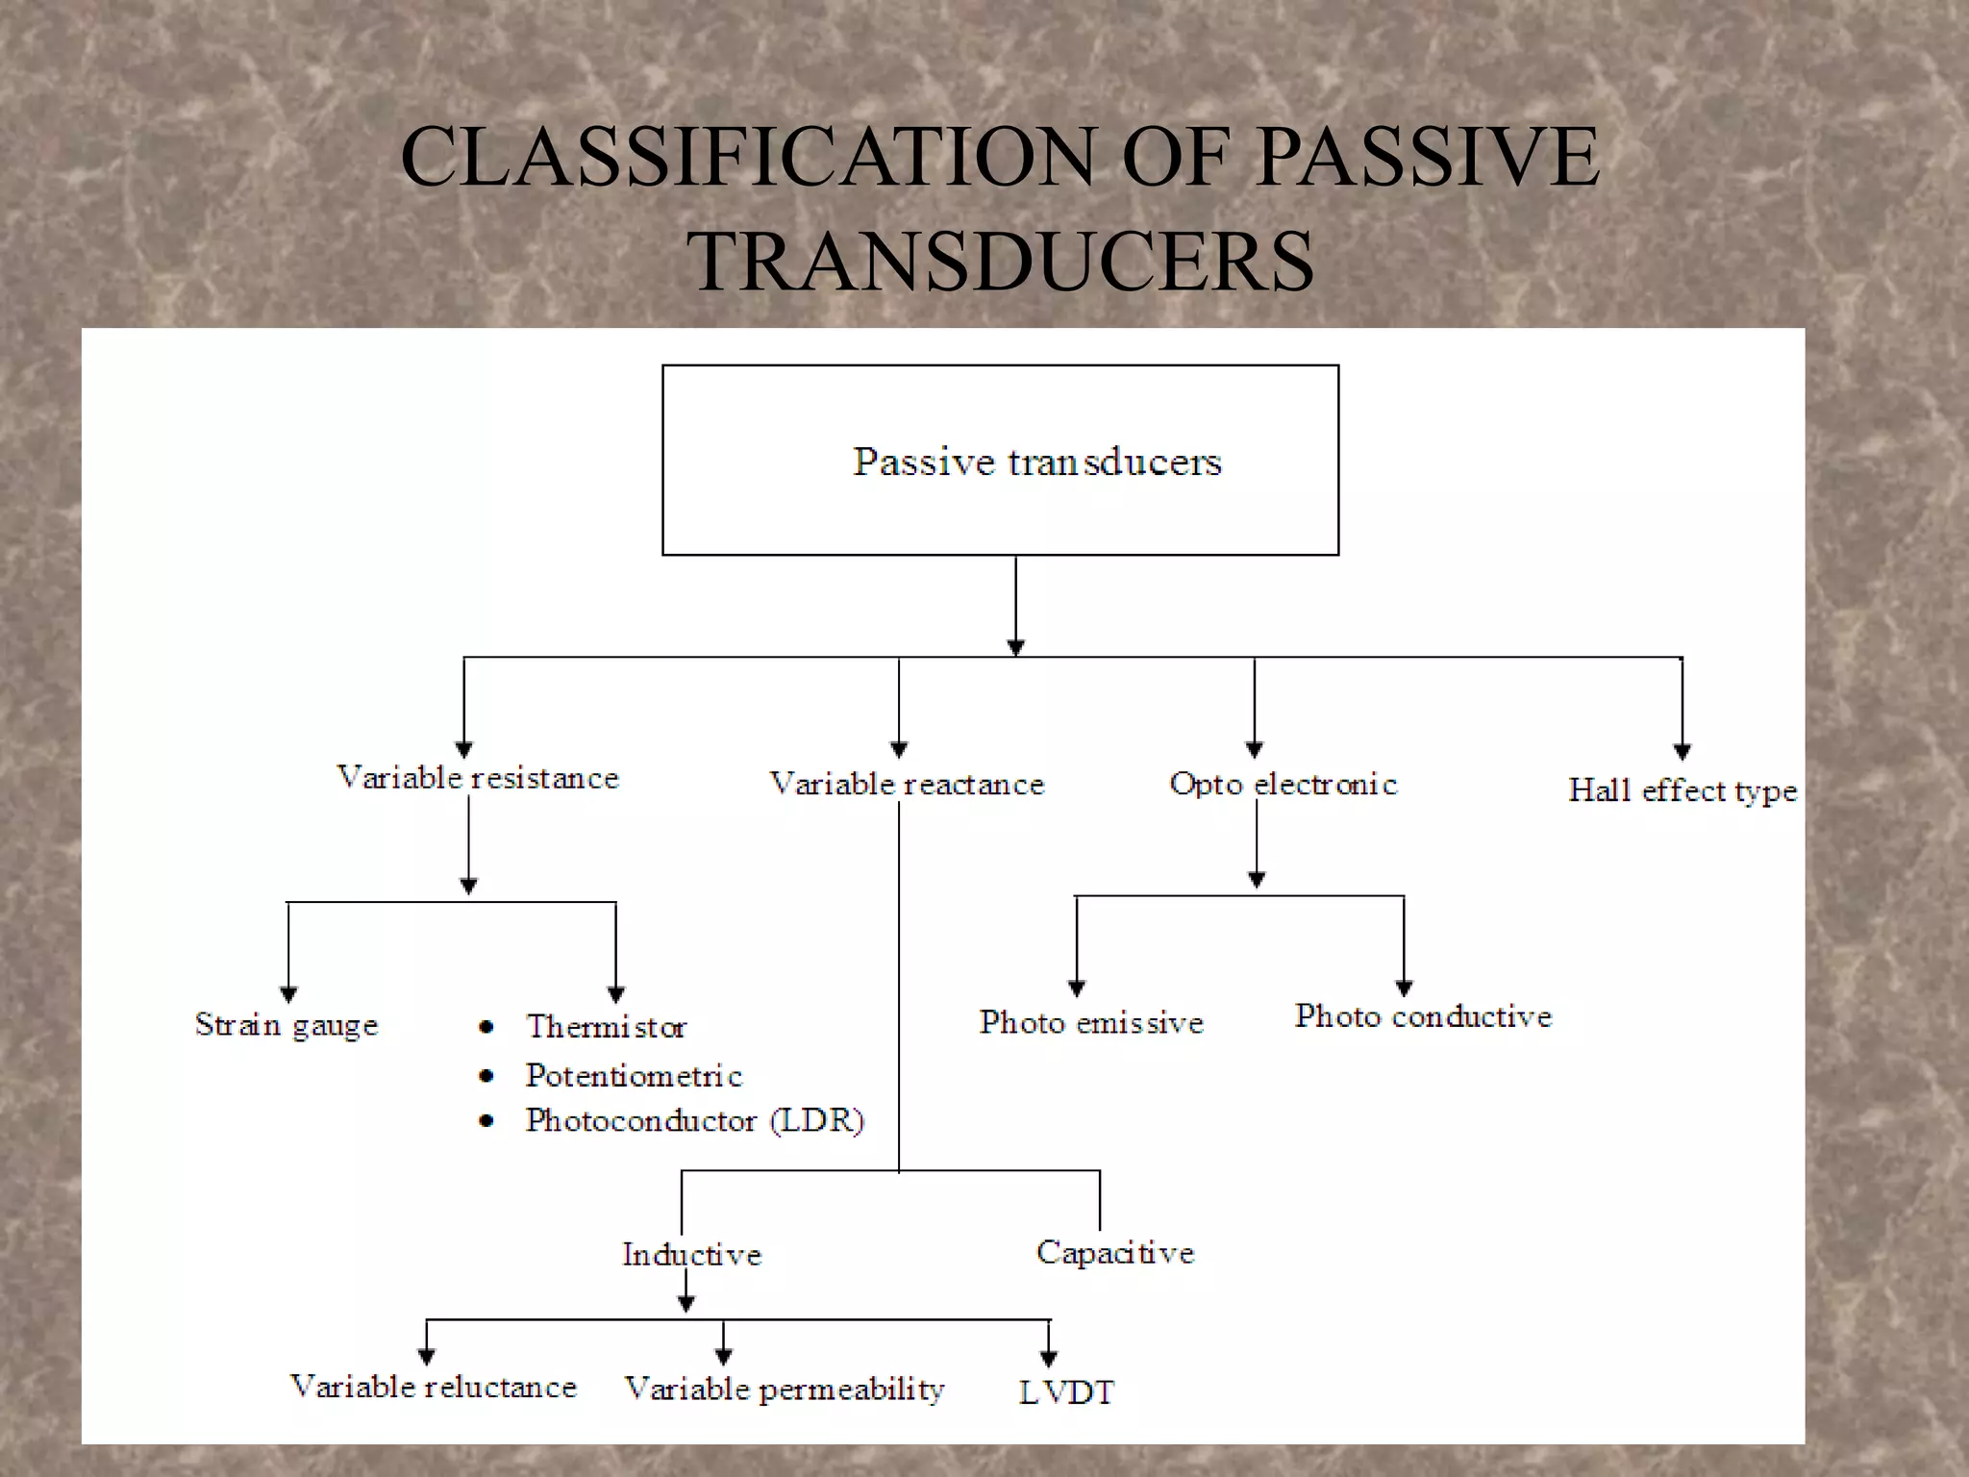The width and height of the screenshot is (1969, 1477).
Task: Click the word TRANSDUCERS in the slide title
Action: (1000, 262)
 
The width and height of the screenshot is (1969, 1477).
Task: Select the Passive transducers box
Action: (1000, 460)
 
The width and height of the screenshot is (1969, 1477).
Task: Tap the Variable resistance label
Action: (478, 777)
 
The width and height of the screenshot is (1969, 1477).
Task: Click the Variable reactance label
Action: (907, 784)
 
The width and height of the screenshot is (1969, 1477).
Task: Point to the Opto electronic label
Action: (1283, 784)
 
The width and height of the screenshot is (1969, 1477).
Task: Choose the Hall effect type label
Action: (1682, 790)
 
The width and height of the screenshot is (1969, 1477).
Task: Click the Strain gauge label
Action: (287, 1025)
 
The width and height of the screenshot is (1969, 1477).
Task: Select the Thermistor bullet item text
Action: (606, 1027)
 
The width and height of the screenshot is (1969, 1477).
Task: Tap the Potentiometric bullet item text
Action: (634, 1075)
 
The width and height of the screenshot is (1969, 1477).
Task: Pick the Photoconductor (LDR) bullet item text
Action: (694, 1120)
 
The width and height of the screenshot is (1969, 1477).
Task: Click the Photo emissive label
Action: (1091, 1021)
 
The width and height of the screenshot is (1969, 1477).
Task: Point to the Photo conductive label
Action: (1423, 1016)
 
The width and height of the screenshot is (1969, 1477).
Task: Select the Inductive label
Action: (691, 1254)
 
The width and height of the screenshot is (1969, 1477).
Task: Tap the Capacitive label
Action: (1115, 1252)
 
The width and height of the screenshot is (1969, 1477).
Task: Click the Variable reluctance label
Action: (434, 1387)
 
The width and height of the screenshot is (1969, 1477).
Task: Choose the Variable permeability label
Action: (785, 1389)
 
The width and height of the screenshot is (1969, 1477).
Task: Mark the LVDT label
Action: (1066, 1392)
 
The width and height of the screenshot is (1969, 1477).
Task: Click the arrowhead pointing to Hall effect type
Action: (1682, 752)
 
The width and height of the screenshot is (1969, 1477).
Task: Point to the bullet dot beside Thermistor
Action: (486, 1028)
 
